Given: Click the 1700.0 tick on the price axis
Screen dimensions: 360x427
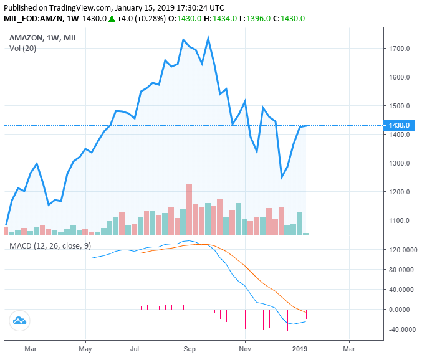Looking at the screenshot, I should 400,49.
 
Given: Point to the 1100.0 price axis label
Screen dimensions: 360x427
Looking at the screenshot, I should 400,220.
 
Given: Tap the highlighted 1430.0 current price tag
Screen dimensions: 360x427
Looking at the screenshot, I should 399,126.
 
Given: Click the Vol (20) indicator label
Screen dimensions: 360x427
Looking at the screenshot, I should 23,49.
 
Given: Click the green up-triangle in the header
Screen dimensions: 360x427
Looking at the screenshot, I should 112,19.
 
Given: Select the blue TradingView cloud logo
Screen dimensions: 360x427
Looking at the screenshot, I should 19,320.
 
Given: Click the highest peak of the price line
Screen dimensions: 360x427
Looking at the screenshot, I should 208,38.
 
